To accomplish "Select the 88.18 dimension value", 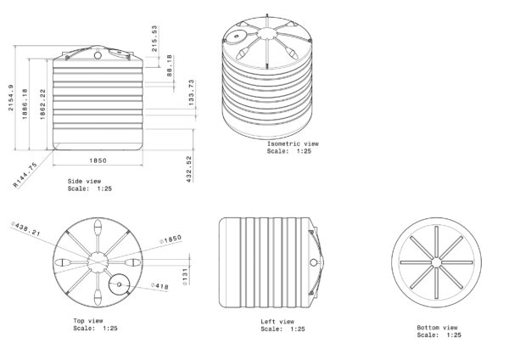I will (169, 64).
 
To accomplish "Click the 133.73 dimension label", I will (191, 94).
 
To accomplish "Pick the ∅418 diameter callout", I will (160, 286).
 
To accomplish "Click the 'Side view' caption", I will (85, 182).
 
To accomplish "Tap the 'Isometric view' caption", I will (294, 145).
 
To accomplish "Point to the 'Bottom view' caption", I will (438, 328).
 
